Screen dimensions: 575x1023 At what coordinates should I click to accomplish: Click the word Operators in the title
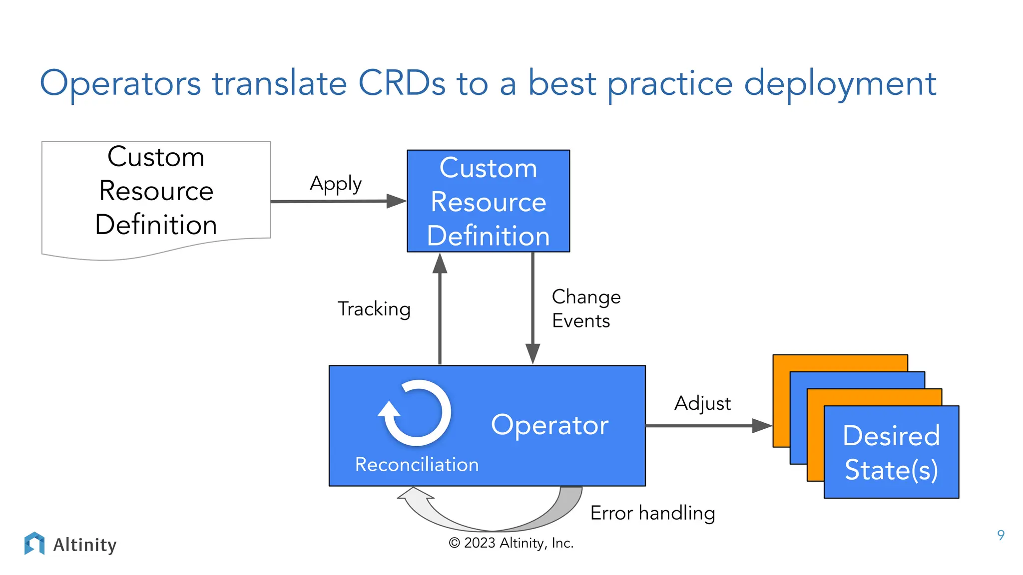tap(120, 84)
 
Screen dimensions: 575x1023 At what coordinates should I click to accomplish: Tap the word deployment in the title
tap(839, 84)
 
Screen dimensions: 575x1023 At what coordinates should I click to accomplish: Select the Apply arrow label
tap(336, 184)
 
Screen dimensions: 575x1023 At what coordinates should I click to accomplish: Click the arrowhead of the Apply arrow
tap(397, 201)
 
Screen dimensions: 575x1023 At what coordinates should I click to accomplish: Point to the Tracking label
tap(374, 309)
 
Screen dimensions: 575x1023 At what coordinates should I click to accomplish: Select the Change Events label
tap(585, 308)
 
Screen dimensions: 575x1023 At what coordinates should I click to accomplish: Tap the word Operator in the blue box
tap(549, 425)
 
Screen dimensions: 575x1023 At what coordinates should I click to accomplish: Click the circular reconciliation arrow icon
tap(415, 413)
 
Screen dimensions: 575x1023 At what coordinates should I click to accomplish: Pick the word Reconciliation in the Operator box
tap(417, 465)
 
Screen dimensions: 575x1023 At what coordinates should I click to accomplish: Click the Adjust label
tap(702, 403)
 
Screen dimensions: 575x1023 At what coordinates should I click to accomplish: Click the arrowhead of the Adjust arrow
tap(762, 426)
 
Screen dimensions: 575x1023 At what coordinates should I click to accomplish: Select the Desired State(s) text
tap(891, 452)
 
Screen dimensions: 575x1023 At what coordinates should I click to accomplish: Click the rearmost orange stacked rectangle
tap(839, 363)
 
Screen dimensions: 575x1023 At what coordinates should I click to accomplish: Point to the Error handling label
tap(652, 513)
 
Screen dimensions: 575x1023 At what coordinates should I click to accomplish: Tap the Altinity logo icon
tap(34, 543)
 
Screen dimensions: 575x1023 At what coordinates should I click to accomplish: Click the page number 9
tap(1001, 535)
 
